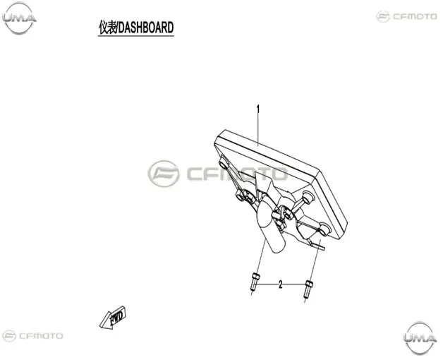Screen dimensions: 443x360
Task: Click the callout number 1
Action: [x=257, y=109]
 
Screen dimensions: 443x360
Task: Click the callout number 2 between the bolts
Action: [x=280, y=284]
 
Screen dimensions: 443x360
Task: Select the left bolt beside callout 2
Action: [x=254, y=282]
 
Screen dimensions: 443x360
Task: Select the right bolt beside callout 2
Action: [x=308, y=289]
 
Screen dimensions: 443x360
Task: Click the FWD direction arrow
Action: [x=113, y=318]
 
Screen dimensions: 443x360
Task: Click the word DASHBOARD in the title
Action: [x=146, y=28]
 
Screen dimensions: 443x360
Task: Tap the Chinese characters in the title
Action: [x=107, y=28]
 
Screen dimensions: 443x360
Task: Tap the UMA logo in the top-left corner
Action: [x=19, y=18]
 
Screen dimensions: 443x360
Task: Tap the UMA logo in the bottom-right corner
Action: [x=420, y=337]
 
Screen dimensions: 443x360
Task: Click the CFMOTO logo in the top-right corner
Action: [x=406, y=16]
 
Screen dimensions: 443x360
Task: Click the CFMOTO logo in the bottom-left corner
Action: [x=32, y=336]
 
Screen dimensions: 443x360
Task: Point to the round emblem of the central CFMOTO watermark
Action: [x=164, y=174]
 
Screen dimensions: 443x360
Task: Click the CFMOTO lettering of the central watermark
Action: [x=237, y=174]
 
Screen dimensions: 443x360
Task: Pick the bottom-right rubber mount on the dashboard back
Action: [x=324, y=229]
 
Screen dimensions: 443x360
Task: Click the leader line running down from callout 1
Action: [x=258, y=129]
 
